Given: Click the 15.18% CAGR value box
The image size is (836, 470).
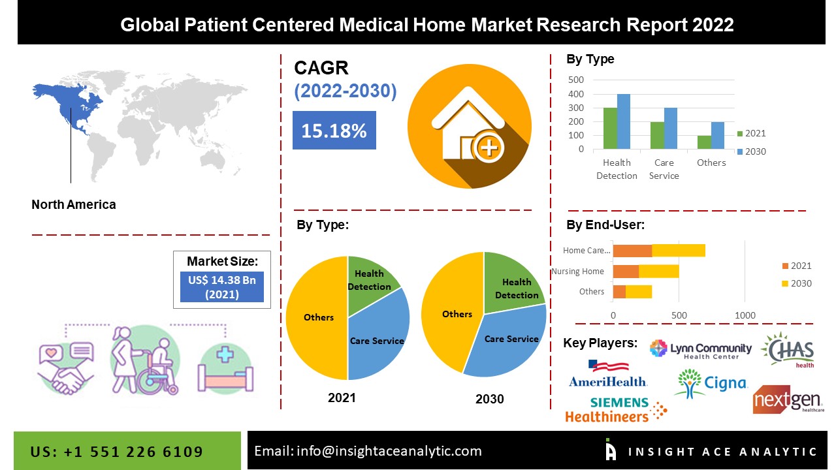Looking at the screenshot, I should pos(334,131).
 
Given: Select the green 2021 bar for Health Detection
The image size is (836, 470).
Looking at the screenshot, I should pos(610,129).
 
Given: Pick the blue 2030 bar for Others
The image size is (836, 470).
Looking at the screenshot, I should pos(718,136).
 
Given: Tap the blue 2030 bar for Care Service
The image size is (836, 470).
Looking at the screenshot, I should pos(671,129).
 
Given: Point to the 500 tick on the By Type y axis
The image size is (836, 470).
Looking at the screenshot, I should pos(576,80).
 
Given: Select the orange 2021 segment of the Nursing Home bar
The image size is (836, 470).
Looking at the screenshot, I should pos(626,272).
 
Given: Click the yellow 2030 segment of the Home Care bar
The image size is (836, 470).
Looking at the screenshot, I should pos(678,251).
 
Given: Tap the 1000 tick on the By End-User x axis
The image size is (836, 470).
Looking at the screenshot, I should pos(745,315).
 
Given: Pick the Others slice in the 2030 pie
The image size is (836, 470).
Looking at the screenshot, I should pos(451,313).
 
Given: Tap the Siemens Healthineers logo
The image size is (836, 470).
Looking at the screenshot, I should pos(615,409).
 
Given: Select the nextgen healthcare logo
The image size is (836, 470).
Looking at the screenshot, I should pos(788,399).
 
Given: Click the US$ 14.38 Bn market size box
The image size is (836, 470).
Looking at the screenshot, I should pos(222,287).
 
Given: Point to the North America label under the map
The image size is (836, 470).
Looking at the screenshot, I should pos(74,204).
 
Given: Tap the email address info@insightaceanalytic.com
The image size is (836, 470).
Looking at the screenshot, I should pos(368,450).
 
